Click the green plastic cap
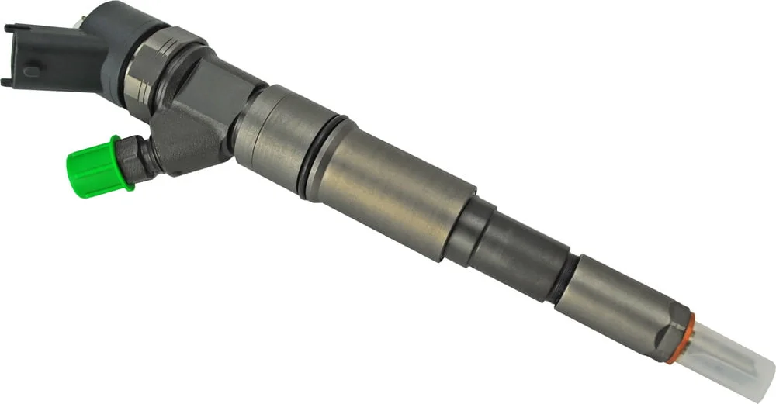pos(93,166)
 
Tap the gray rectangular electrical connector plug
pos(31,56)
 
